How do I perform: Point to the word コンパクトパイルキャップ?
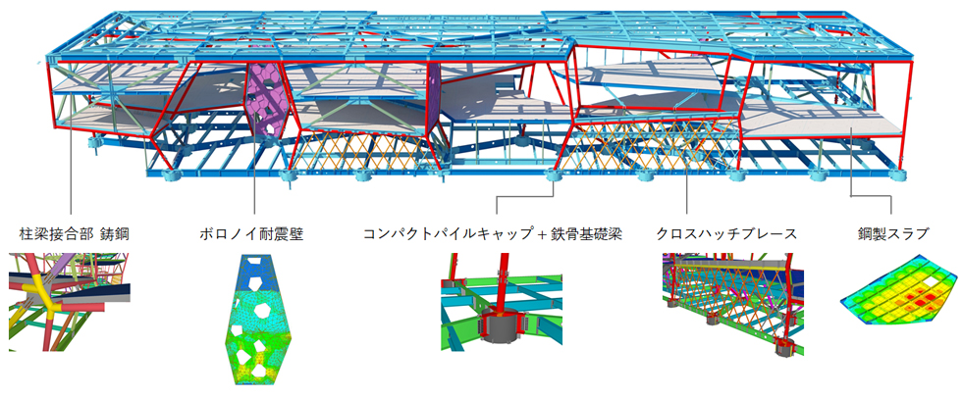[438, 235]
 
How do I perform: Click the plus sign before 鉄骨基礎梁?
[528, 235]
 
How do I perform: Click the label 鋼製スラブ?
[892, 235]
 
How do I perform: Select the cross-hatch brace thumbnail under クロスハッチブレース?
[727, 304]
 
